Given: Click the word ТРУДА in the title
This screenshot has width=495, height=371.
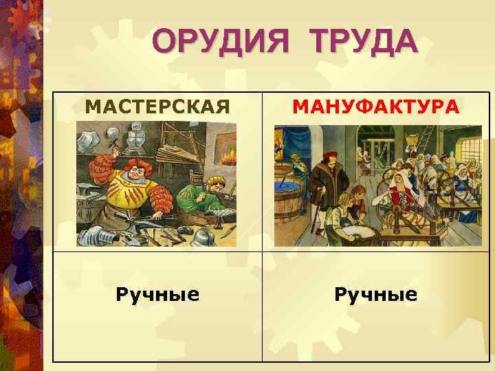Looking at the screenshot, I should point(364,43).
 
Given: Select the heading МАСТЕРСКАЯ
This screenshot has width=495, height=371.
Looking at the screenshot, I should point(157,107).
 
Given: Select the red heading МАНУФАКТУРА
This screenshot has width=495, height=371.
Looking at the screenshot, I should point(375,107).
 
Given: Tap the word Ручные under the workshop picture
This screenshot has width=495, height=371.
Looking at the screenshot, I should point(157,295).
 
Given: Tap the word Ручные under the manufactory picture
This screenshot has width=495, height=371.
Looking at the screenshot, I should point(375,295).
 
